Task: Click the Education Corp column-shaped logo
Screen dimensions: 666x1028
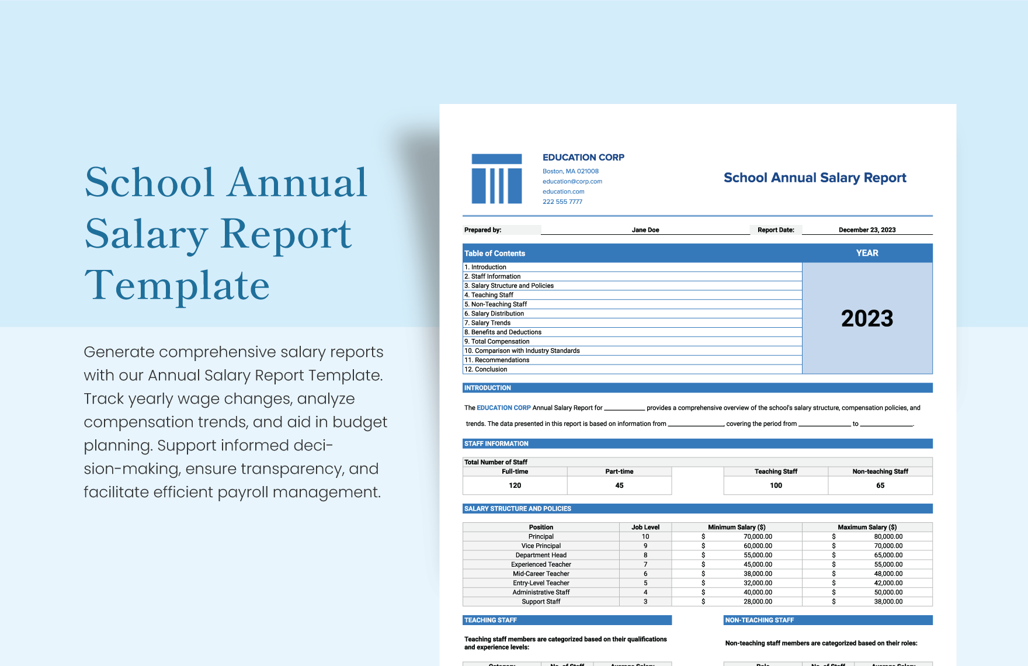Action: click(x=496, y=179)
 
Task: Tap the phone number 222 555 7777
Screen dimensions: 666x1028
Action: click(x=562, y=202)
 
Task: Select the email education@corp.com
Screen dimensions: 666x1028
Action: click(x=572, y=181)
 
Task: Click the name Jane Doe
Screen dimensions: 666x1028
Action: click(x=645, y=230)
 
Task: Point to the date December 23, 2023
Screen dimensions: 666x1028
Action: click(x=867, y=230)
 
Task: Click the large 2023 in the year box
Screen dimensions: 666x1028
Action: click(x=867, y=318)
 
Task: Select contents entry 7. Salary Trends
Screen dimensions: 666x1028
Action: click(x=491, y=322)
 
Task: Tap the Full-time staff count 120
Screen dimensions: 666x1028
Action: click(x=515, y=485)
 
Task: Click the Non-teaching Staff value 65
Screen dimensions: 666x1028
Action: click(x=880, y=485)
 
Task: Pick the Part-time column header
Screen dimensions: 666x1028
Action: click(x=619, y=471)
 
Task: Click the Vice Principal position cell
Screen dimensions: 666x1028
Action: click(x=541, y=546)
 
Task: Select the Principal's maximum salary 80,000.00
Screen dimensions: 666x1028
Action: click(x=888, y=536)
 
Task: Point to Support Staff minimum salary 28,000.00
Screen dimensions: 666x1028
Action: click(x=758, y=601)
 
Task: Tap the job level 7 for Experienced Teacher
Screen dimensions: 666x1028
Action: click(x=645, y=564)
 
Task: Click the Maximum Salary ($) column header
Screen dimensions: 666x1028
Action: click(x=867, y=527)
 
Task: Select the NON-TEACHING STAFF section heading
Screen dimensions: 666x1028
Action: click(x=759, y=620)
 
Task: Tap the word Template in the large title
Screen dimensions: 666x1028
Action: click(x=177, y=286)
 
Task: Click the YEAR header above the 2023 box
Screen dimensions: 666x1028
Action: click(x=867, y=253)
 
